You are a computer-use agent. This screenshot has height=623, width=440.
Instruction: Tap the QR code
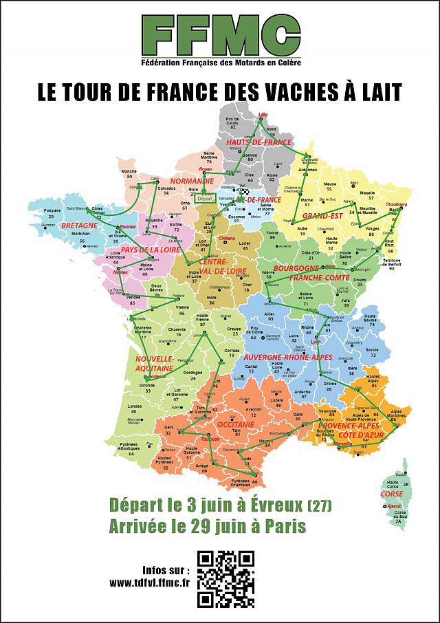click(x=225, y=579)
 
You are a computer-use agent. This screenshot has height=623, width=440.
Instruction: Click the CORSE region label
click(x=391, y=494)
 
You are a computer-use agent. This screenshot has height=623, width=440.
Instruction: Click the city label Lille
click(x=262, y=113)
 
